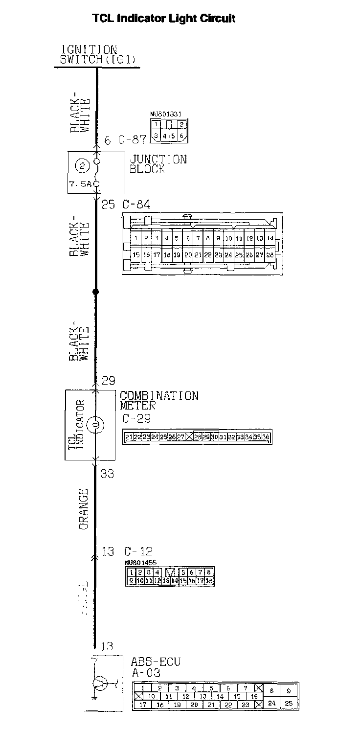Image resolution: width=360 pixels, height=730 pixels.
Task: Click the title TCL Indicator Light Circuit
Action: click(164, 19)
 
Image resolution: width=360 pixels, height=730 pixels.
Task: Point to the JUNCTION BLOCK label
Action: click(157, 164)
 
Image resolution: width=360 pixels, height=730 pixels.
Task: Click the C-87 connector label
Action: click(132, 140)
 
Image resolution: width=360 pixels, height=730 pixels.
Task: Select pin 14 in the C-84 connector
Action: click(270, 238)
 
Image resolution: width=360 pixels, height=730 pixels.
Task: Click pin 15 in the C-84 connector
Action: click(136, 255)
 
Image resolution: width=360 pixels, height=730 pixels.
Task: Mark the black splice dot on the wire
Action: click(96, 292)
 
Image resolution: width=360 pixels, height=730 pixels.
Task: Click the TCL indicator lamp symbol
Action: click(96, 425)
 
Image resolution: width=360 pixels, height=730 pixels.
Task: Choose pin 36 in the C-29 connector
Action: click(267, 437)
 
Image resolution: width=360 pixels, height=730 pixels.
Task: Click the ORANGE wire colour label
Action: click(84, 509)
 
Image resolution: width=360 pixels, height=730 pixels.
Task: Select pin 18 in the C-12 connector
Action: click(209, 581)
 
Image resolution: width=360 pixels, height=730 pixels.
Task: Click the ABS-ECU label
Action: click(156, 662)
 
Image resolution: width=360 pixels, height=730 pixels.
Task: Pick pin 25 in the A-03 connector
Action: click(289, 704)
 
